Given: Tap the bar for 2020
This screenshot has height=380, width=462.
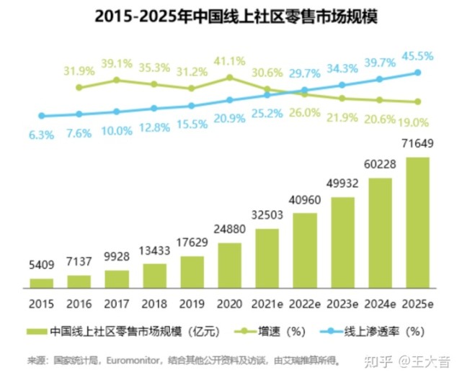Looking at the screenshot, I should coord(230,265).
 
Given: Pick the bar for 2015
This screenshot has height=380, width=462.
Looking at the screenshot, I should coord(42,283).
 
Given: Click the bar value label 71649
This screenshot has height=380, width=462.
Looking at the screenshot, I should coord(418,146).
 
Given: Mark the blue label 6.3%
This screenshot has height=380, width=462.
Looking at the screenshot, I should coord(42,134).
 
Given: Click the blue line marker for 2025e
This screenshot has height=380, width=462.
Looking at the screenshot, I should coord(417,73).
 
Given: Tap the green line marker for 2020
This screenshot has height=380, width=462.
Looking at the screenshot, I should coord(230,77).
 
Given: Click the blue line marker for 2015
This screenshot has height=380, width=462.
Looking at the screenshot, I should coord(42,115).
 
